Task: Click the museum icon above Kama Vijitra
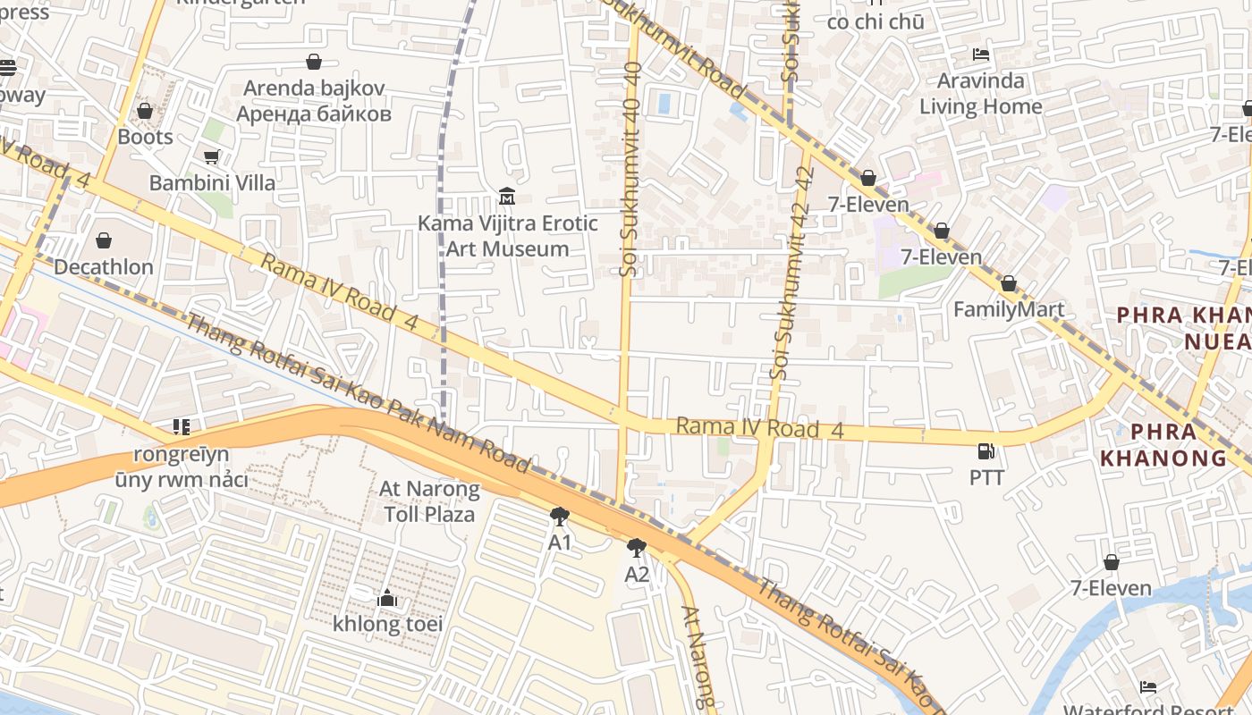pyautogui.click(x=507, y=196)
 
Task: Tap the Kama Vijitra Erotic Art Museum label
pyautogui.click(x=507, y=236)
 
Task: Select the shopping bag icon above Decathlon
pyautogui.click(x=104, y=240)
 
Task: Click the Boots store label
pyautogui.click(x=145, y=137)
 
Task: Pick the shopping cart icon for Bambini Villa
pyautogui.click(x=211, y=157)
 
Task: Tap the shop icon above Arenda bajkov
pyautogui.click(x=314, y=62)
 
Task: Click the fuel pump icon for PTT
pyautogui.click(x=986, y=451)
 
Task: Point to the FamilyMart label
pyautogui.click(x=1008, y=309)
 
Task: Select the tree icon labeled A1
pyautogui.click(x=560, y=516)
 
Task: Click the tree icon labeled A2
pyautogui.click(x=636, y=547)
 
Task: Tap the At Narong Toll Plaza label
pyautogui.click(x=429, y=501)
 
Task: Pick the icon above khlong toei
pyautogui.click(x=387, y=598)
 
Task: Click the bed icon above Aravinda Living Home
pyautogui.click(x=981, y=55)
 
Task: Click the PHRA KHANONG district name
pyautogui.click(x=1163, y=445)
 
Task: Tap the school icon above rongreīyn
pyautogui.click(x=182, y=427)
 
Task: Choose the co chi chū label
pyautogui.click(x=876, y=21)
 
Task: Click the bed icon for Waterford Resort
pyautogui.click(x=1148, y=687)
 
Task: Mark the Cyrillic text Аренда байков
pyautogui.click(x=314, y=114)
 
